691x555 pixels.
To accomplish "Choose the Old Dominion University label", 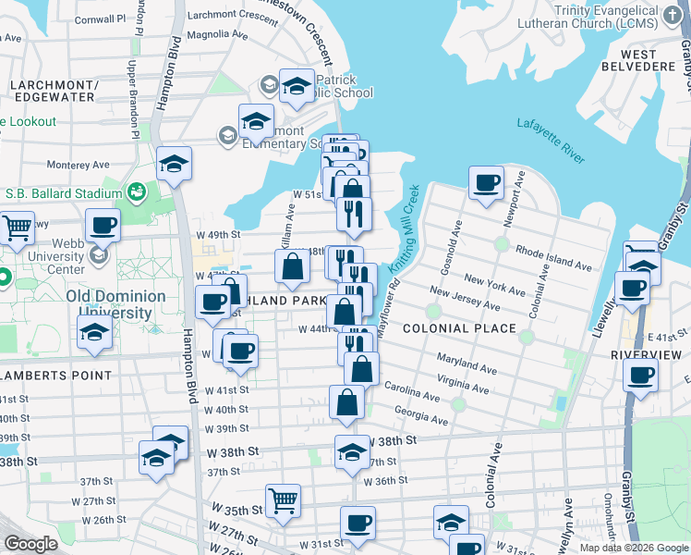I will coord(115,304).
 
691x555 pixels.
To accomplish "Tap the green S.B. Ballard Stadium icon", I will coord(137,192).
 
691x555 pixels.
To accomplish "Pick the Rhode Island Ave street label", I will coord(553,258).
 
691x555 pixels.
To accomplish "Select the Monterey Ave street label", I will coord(70,165).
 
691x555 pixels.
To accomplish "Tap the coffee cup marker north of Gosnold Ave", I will coord(486,182).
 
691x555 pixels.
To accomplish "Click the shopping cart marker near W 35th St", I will coord(283,500).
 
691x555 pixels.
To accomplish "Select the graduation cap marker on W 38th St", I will coord(352,451).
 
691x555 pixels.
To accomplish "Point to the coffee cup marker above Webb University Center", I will coord(103,224).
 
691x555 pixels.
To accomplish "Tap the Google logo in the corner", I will coord(30,544).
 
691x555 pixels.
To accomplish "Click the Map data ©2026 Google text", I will coord(633,548).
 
